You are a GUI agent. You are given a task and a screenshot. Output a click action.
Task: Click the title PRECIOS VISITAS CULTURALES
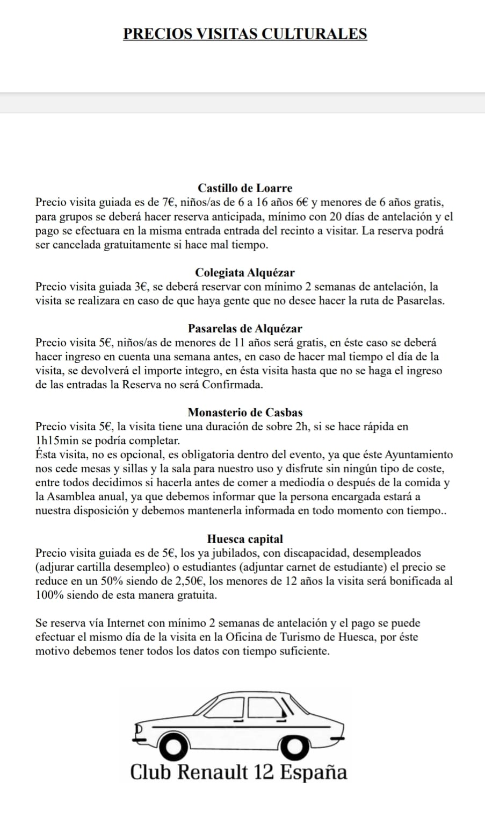tap(245, 34)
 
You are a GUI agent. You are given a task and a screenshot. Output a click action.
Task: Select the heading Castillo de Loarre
tap(245, 188)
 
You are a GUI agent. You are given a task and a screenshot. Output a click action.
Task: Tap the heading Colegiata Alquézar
tap(245, 273)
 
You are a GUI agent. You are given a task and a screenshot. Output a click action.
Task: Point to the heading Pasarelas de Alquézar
tap(245, 329)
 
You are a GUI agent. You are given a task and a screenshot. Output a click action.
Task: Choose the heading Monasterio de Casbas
tap(245, 413)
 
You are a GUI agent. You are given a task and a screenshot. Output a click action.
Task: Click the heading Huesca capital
tap(245, 539)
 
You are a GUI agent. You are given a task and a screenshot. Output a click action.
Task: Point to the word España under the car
tap(314, 773)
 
